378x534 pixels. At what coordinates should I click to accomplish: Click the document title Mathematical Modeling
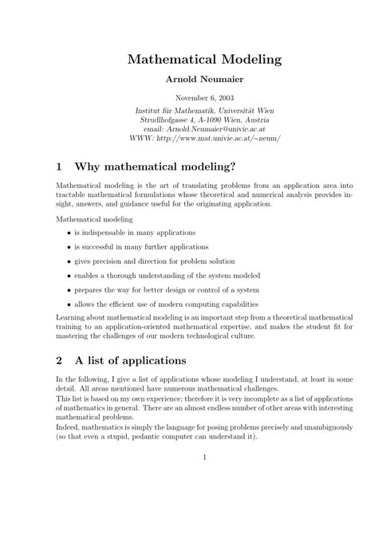click(205, 60)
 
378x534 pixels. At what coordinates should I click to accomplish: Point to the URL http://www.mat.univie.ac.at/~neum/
click(222, 137)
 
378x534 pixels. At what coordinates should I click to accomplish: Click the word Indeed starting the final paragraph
click(67, 426)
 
